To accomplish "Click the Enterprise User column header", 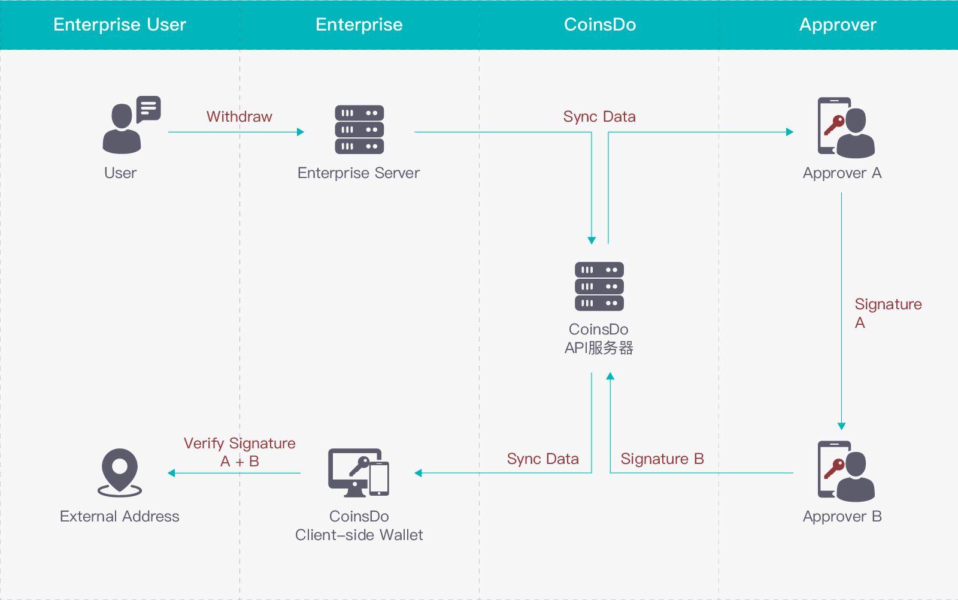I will (x=120, y=25).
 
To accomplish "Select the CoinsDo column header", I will (x=599, y=25).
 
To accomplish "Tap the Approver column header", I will (x=838, y=25).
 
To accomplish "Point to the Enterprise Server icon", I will (x=359, y=129).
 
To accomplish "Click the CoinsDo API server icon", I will (x=599, y=287).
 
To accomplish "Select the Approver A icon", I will (x=845, y=128).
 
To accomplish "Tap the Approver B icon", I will (x=845, y=471).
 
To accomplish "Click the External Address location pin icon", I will (x=120, y=472).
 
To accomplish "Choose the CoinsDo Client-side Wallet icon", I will (x=359, y=472).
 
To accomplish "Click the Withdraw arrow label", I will (x=239, y=116).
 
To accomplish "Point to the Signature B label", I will (x=662, y=459).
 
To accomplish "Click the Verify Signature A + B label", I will (x=239, y=452).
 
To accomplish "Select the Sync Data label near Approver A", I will (x=599, y=116).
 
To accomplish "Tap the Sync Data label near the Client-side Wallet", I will (x=542, y=459).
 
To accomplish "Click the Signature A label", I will (x=887, y=313).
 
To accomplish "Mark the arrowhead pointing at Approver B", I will (x=841, y=426).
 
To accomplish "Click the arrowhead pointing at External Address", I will (x=171, y=473).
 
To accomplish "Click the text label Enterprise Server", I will (x=358, y=173).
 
